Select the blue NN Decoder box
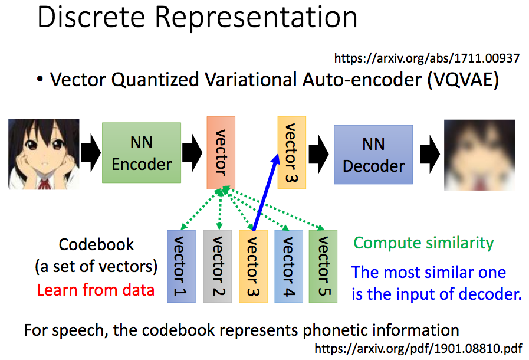click(373, 155)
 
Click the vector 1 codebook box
click(182, 266)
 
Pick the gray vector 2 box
click(218, 266)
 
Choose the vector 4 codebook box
click(288, 266)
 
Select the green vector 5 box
click(323, 266)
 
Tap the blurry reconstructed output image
click(479, 155)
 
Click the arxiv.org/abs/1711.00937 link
click(426, 58)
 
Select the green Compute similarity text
click(423, 243)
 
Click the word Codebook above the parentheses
click(96, 244)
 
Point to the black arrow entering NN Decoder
click(319, 155)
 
